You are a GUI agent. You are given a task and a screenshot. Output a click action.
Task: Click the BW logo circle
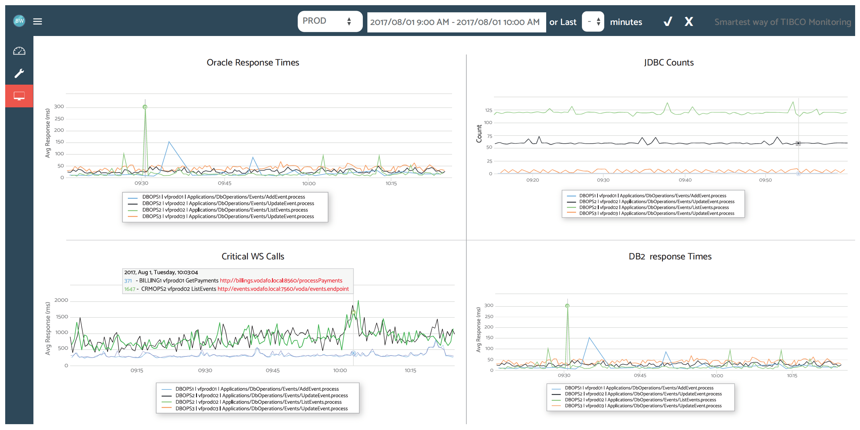pos(19,21)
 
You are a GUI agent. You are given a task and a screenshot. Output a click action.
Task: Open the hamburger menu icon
pos(37,21)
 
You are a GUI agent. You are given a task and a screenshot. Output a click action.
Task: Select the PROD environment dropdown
pos(329,21)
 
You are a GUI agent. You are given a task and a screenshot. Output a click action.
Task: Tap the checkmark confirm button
pos(667,22)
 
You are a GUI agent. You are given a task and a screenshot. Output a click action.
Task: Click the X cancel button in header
pos(688,22)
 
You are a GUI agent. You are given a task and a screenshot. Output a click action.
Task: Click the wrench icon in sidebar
pos(19,73)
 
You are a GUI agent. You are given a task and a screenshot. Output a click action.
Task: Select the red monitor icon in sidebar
pos(19,96)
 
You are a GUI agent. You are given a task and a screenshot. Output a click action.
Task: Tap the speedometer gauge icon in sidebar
pos(19,51)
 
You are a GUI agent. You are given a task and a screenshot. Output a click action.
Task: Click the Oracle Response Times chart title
pos(252,62)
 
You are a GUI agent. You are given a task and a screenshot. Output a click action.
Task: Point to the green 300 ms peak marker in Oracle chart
pos(145,107)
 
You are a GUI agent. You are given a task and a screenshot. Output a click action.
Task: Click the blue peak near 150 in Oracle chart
pos(169,142)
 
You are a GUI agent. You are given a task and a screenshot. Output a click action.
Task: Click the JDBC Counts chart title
pos(669,62)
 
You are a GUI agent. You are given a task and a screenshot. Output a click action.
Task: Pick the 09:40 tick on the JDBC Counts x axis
pos(685,180)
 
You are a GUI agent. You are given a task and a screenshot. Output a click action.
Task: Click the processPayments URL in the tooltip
pos(281,281)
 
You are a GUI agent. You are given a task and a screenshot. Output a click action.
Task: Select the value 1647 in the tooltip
pos(129,289)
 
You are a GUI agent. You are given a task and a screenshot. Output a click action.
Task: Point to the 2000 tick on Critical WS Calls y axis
pos(61,300)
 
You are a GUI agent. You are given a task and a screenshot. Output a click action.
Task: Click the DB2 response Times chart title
pos(670,256)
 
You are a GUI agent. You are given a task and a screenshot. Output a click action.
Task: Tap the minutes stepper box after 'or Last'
pos(593,22)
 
